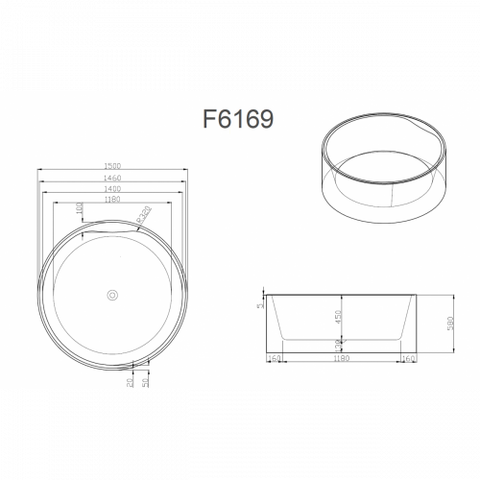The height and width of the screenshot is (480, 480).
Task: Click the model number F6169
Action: (240, 118)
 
